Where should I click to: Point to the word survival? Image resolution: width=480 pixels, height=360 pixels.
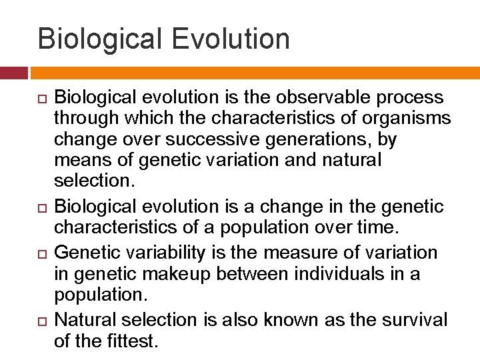coord(415,320)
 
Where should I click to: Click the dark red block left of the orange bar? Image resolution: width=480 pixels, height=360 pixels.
coord(13,73)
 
